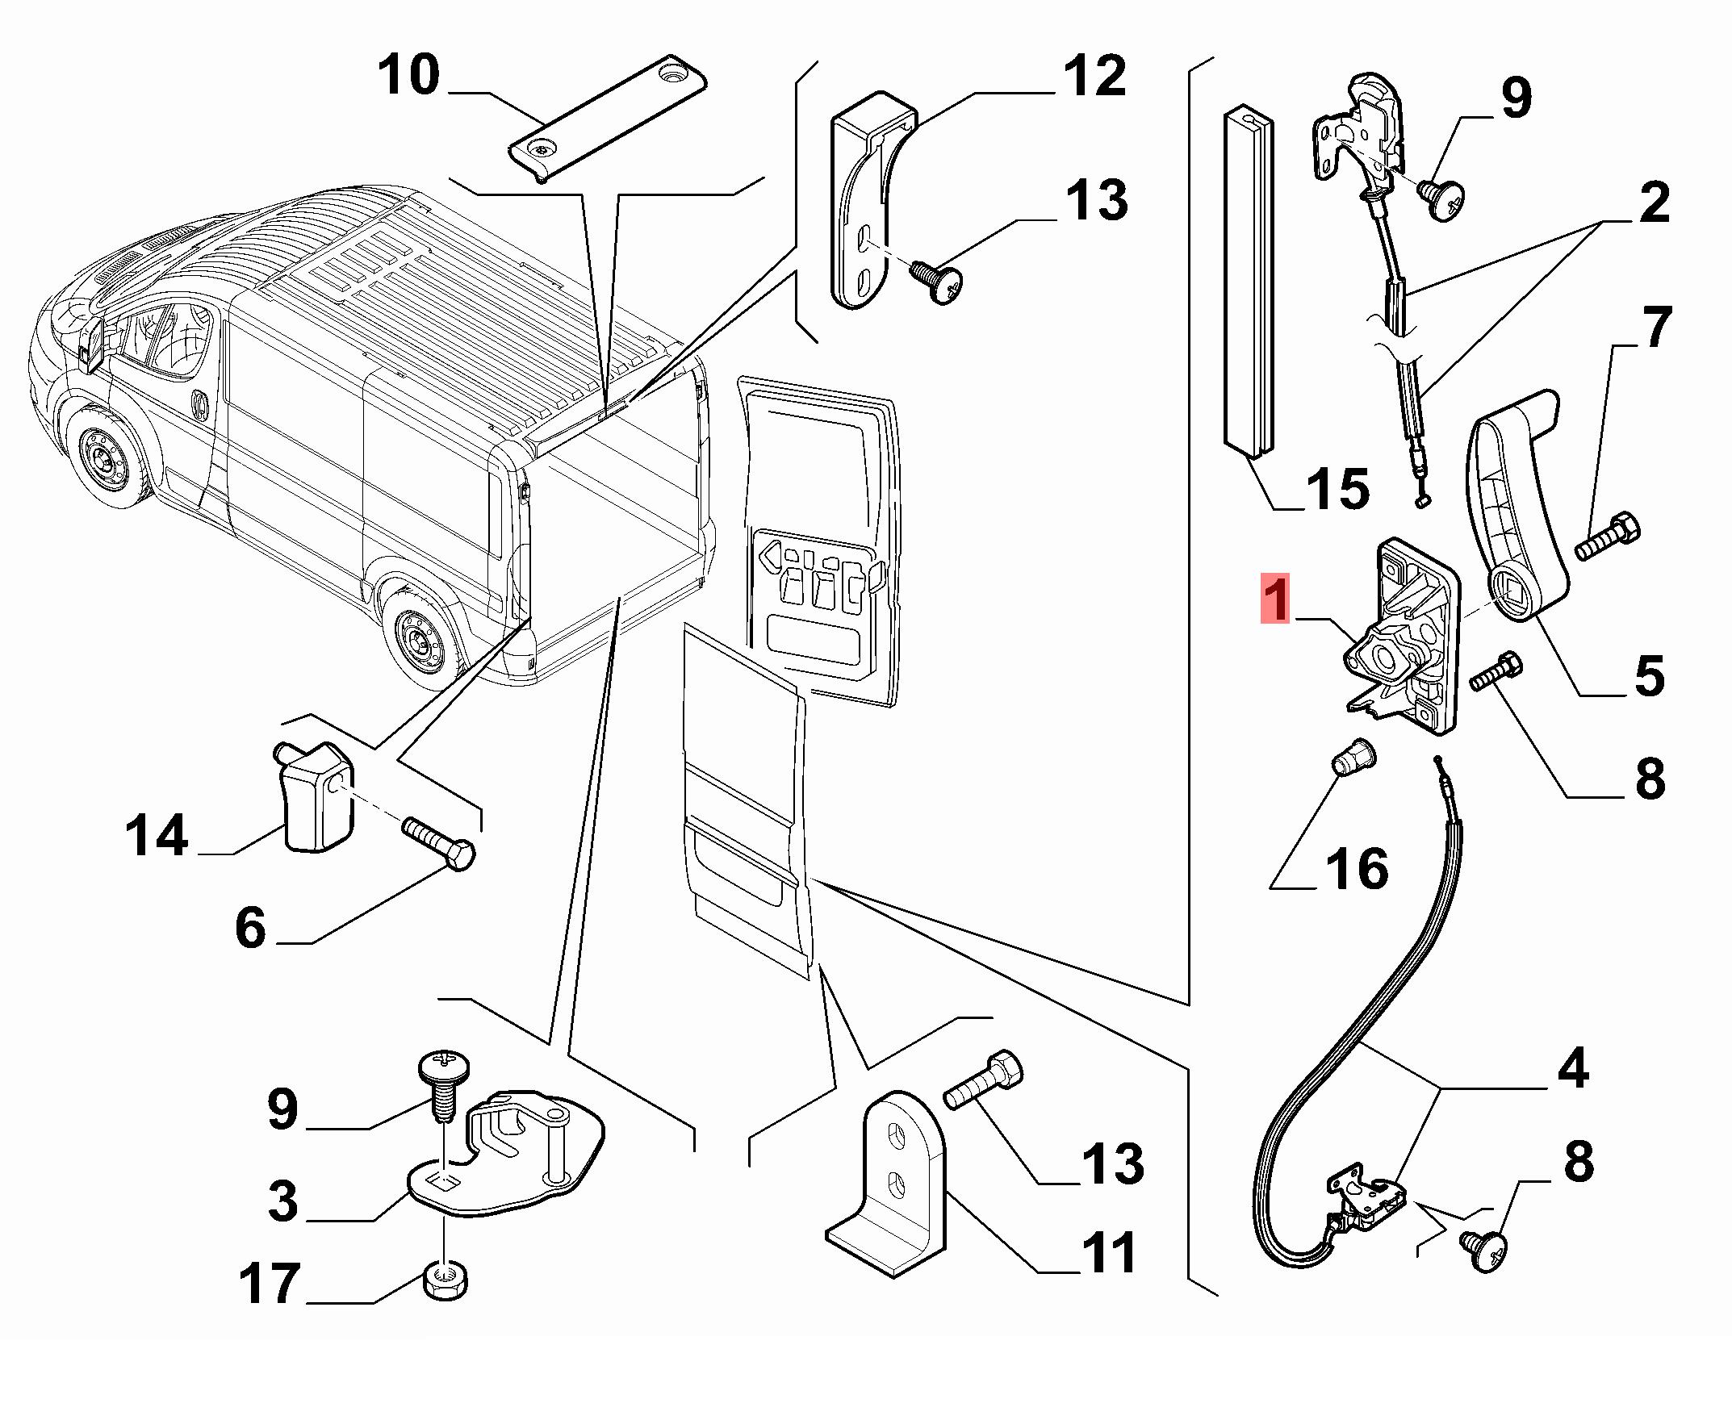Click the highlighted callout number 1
(1275, 599)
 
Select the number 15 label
(1337, 488)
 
